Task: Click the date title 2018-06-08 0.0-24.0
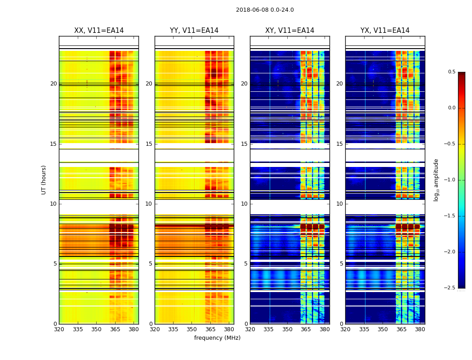tap(265, 10)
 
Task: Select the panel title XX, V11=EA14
tap(99, 31)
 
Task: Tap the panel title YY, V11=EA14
tap(194, 31)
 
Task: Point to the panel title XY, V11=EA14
tap(289, 31)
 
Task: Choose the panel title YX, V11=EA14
tap(385, 31)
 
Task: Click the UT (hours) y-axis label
tap(44, 180)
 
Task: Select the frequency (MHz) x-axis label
tap(217, 338)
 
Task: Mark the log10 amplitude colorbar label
tap(436, 180)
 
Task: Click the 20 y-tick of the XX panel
tap(53, 84)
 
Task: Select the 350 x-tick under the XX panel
tap(96, 329)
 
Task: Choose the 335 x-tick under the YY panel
tap(173, 329)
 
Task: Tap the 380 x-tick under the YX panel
tap(420, 329)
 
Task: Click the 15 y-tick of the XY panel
tap(245, 144)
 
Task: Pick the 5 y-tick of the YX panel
tap(342, 264)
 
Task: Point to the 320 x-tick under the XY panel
tap(250, 329)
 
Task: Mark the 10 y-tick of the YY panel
tap(149, 204)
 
